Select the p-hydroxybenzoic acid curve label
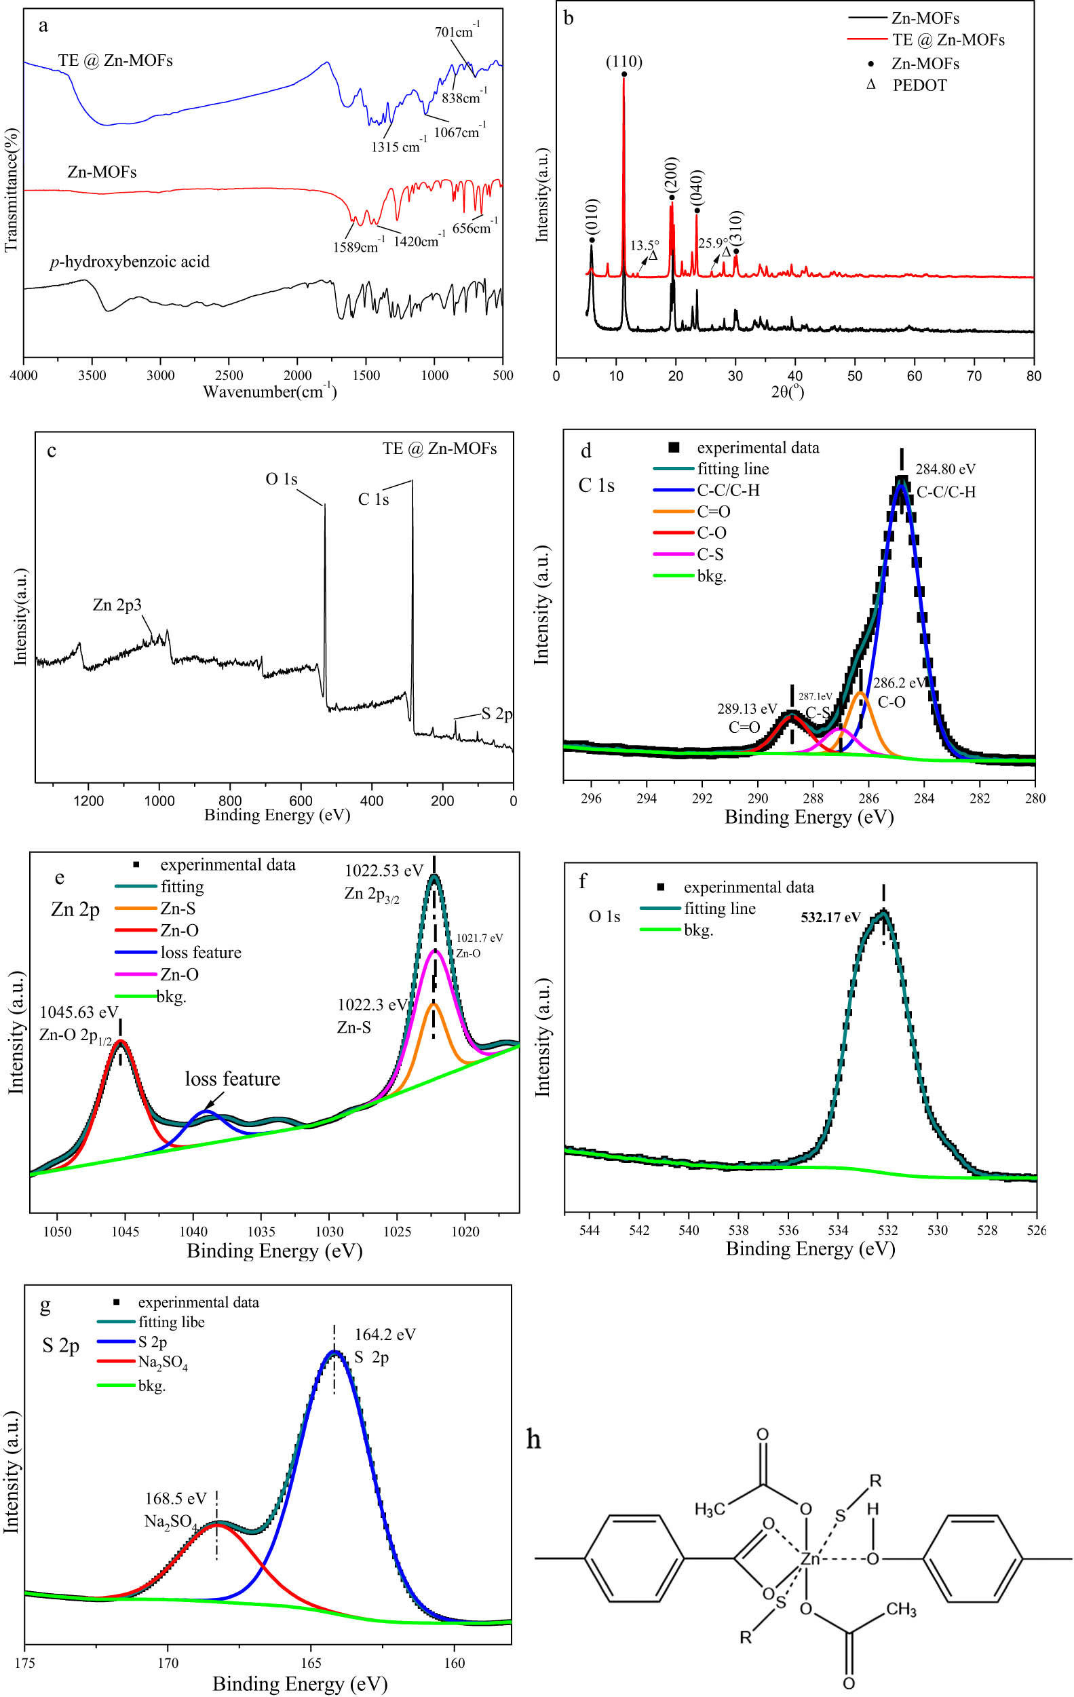tap(130, 262)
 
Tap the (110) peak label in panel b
tap(624, 62)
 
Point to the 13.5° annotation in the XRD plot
tap(644, 246)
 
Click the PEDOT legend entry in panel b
tap(920, 85)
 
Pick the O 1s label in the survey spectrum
tap(281, 479)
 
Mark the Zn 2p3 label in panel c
tap(117, 605)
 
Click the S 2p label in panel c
tap(497, 714)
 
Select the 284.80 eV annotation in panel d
tap(945, 470)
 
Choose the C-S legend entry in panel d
tap(710, 554)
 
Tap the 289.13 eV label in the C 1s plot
tap(747, 709)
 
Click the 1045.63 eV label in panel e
tap(79, 1012)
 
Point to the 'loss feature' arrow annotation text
tap(233, 1079)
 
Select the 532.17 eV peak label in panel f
tap(830, 917)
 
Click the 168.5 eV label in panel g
tap(176, 1499)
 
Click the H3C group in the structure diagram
tap(710, 1509)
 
